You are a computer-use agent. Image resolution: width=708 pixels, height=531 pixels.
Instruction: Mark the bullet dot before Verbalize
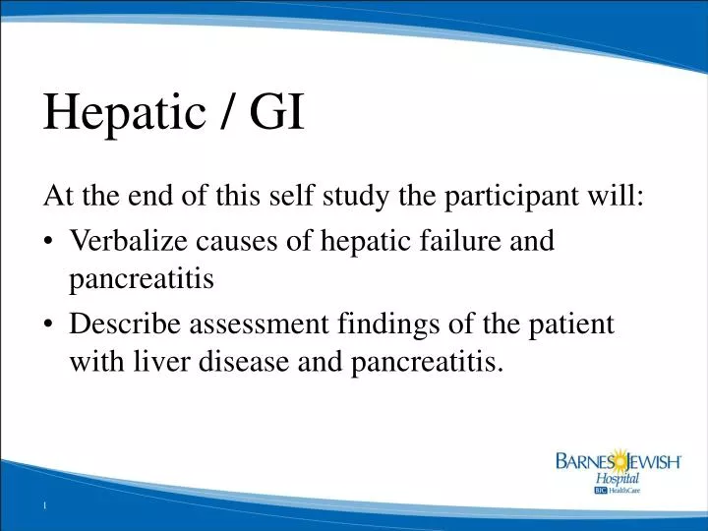coord(49,241)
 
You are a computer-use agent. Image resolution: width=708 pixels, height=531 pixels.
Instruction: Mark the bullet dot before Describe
coord(49,324)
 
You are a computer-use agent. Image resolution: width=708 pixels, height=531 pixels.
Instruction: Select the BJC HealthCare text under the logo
coord(618,490)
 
